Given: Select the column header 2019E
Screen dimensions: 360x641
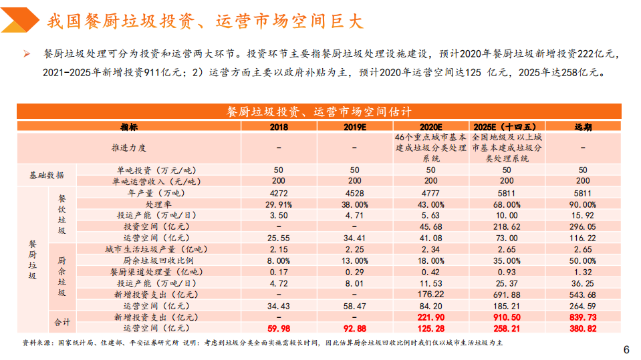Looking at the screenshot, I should [354, 126].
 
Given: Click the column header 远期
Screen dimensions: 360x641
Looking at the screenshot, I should [583, 126].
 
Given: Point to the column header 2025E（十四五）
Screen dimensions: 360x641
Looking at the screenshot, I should [506, 126].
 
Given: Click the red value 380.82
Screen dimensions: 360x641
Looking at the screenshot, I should [583, 329].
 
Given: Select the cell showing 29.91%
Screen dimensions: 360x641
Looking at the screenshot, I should [278, 204].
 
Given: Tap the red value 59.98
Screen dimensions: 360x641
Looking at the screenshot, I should [278, 329].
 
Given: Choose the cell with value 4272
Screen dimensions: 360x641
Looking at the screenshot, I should [278, 193].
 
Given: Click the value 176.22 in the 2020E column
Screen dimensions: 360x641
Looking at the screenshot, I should [430, 295].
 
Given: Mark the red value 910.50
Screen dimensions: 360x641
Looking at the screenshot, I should [506, 317].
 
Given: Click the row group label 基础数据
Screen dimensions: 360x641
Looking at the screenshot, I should [47, 176].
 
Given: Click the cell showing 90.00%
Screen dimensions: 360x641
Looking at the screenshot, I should [583, 204].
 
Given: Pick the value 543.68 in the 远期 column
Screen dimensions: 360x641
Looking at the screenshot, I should [583, 295].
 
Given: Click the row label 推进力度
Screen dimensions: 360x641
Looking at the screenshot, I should [128, 148].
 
